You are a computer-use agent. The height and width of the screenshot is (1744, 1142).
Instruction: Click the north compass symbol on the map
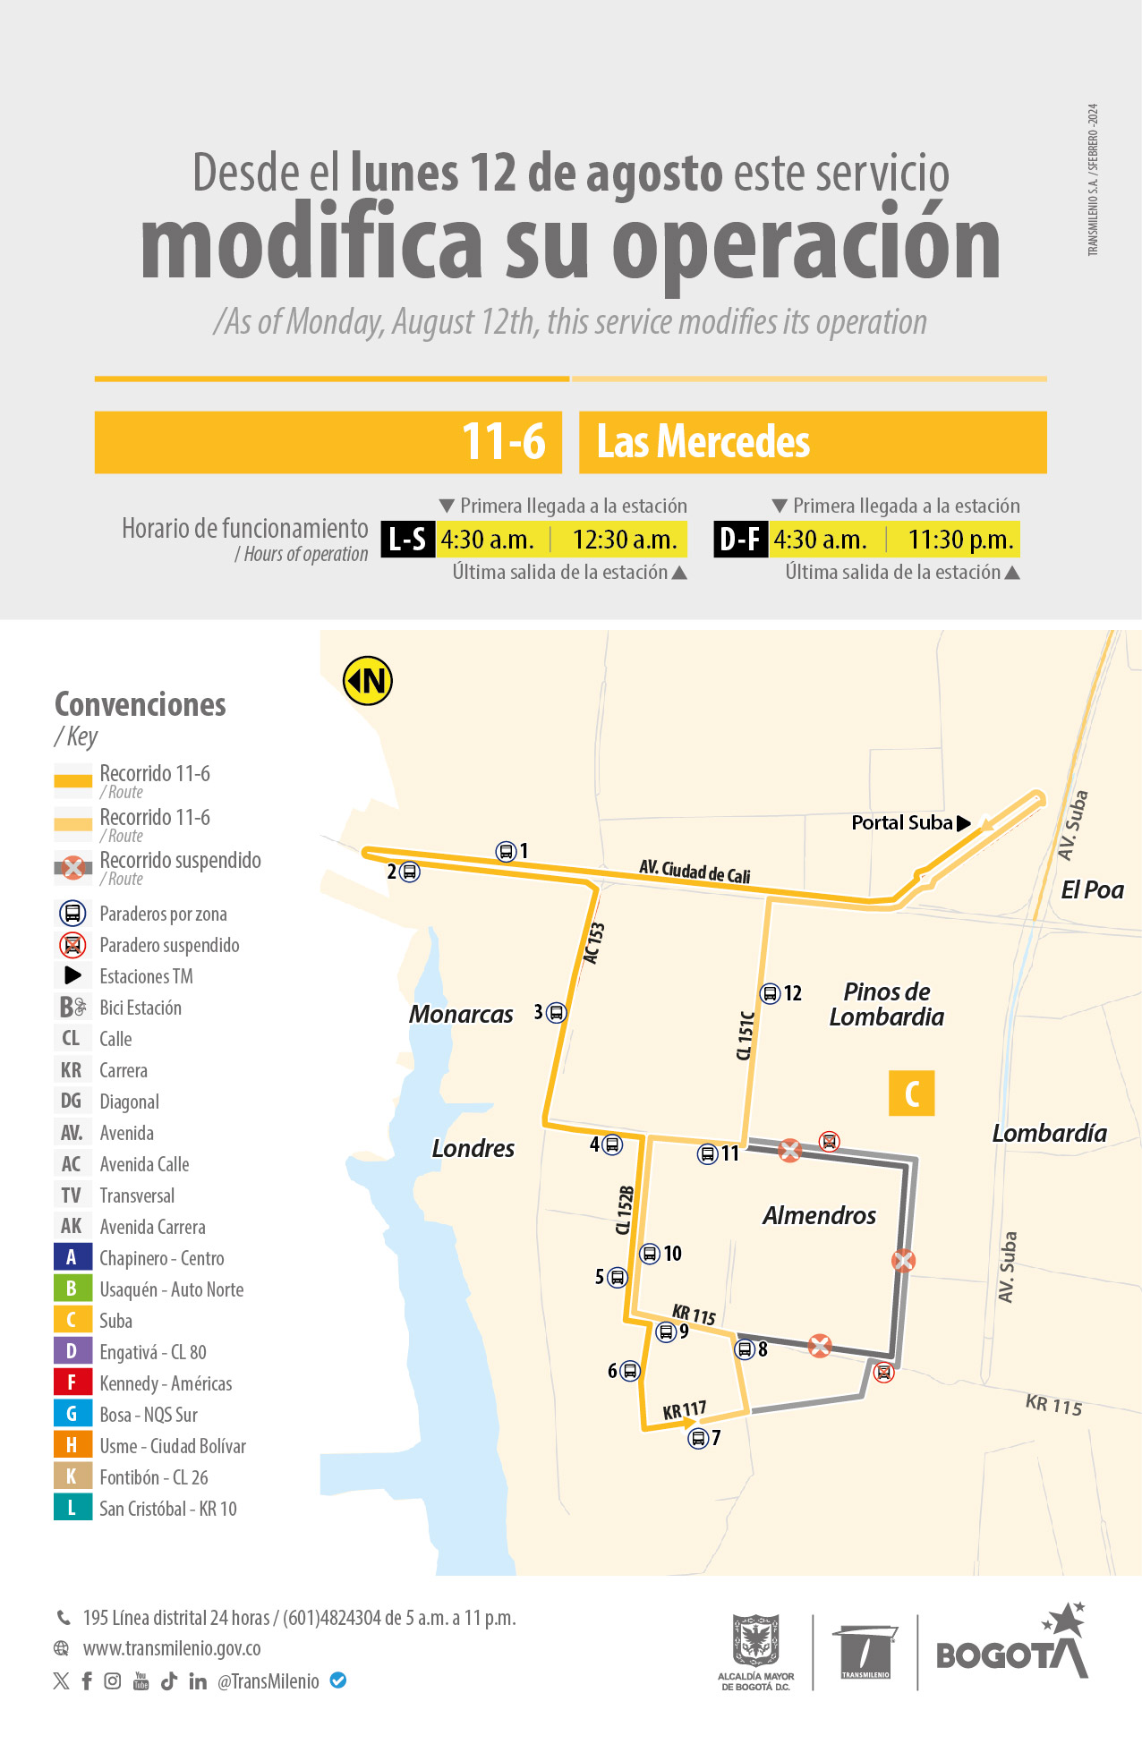pos(368,681)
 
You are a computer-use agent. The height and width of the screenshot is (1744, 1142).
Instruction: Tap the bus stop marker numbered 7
pos(698,1438)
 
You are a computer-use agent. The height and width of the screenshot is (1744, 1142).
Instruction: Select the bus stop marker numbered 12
pos(770,993)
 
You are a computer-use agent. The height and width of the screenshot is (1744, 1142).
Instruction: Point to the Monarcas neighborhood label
pos(461,1014)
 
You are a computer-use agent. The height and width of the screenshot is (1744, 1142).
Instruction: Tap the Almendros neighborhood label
pos(819,1215)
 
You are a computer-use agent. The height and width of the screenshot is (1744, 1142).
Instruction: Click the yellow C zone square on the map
pos(911,1093)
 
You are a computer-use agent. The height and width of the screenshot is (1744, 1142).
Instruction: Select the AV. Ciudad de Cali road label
pos(695,871)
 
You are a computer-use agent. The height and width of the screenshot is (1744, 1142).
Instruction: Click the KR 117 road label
pos(685,1411)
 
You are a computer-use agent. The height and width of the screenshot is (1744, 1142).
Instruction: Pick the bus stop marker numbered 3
pos(557,1012)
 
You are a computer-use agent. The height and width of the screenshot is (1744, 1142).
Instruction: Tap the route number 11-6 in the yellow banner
pos(503,441)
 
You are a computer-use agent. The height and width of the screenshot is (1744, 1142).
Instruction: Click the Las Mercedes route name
pos(703,442)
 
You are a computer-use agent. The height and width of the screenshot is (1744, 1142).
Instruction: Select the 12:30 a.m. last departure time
pos(625,540)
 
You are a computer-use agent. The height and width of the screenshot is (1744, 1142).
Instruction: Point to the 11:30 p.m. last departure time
pos(960,540)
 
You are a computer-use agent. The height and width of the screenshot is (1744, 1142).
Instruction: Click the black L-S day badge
pos(408,540)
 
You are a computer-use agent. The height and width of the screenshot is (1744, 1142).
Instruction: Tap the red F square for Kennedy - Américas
pos(72,1382)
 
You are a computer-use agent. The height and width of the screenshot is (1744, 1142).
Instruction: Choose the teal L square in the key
pos(72,1508)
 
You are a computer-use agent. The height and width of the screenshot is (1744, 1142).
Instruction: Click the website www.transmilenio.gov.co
pos(172,1648)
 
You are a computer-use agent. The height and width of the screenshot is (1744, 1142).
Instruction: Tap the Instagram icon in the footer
pos(113,1680)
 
